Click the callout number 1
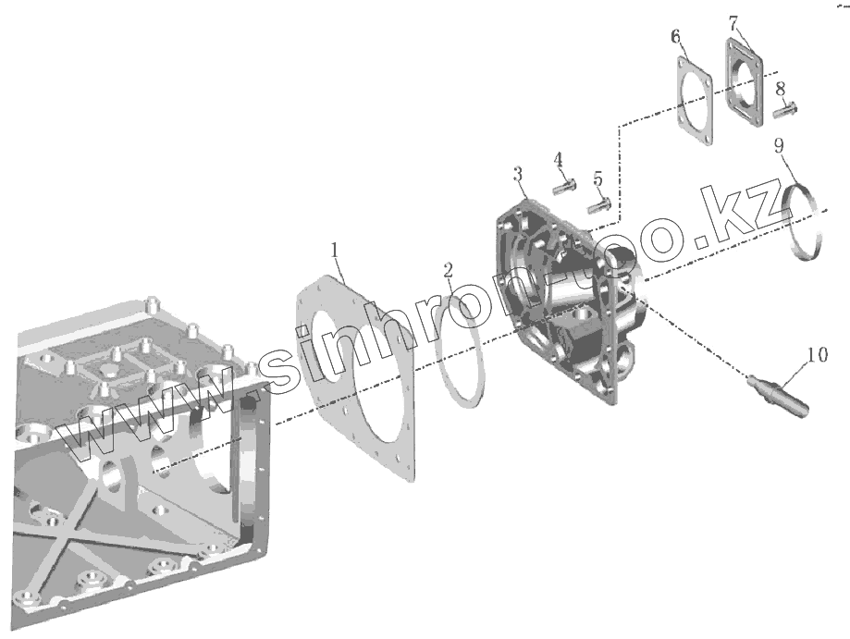(335, 251)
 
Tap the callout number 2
(449, 270)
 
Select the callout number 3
(518, 175)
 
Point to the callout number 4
(559, 160)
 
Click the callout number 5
(597, 178)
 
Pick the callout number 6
(675, 36)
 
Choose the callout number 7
(733, 23)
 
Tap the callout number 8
(780, 89)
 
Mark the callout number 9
(779, 145)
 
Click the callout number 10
(818, 355)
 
